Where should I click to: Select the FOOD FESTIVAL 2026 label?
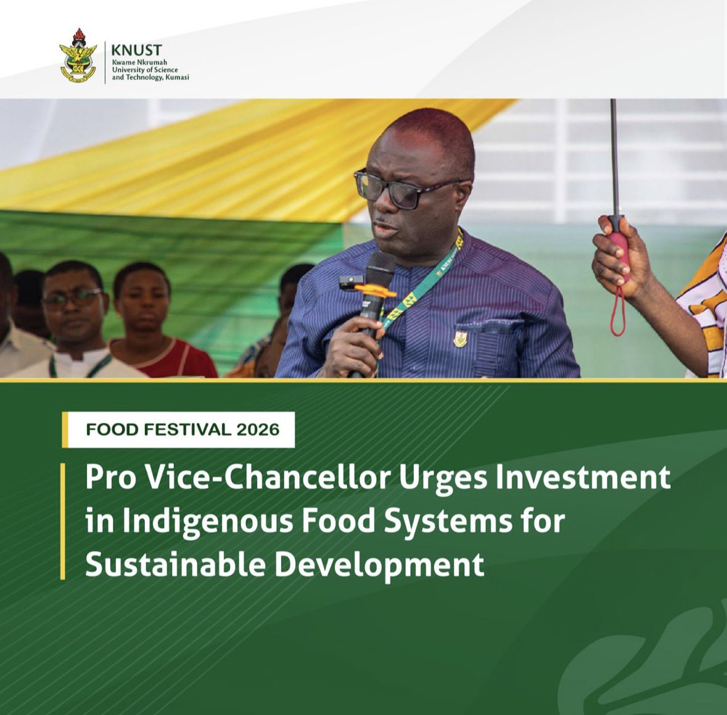click(183, 429)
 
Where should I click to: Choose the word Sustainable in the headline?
click(174, 565)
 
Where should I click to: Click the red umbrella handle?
click(619, 247)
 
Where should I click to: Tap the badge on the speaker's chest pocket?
click(461, 338)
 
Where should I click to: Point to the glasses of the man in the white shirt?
click(72, 299)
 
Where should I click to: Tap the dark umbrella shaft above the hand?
click(614, 154)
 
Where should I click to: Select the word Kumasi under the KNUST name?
click(175, 77)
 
